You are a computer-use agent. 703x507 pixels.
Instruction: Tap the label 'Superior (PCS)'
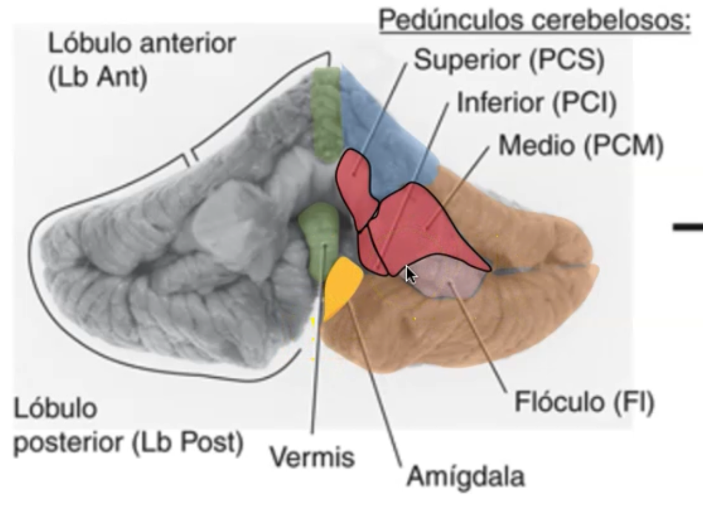509,62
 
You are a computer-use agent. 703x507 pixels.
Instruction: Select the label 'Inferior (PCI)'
537,103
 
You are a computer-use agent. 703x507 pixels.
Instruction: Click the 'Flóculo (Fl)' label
585,403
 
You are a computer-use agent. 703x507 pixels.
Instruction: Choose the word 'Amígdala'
466,477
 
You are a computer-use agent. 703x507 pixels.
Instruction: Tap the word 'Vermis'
312,456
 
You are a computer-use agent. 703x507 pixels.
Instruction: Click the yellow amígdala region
343,285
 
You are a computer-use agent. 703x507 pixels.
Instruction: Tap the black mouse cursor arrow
411,274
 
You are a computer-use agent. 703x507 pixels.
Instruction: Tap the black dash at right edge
688,228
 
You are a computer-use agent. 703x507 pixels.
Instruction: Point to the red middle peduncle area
425,230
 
